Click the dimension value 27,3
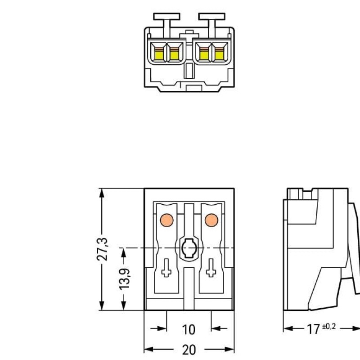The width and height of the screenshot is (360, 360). pyautogui.click(x=103, y=248)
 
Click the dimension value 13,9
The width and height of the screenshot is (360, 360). pyautogui.click(x=125, y=279)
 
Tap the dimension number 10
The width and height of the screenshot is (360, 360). pyautogui.click(x=189, y=330)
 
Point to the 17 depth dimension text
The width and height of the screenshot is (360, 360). pyautogui.click(x=313, y=329)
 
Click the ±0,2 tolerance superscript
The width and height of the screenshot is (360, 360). pyautogui.click(x=328, y=326)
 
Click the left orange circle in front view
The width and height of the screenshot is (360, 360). pyautogui.click(x=166, y=220)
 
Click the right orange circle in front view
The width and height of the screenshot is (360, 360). pyautogui.click(x=211, y=220)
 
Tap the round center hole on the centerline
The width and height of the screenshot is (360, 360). pyautogui.click(x=188, y=248)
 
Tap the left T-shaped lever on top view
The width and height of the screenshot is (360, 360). pyautogui.click(x=167, y=18)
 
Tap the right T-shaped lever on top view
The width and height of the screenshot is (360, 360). pyautogui.click(x=211, y=18)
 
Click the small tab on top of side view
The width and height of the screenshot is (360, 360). pyautogui.click(x=296, y=193)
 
